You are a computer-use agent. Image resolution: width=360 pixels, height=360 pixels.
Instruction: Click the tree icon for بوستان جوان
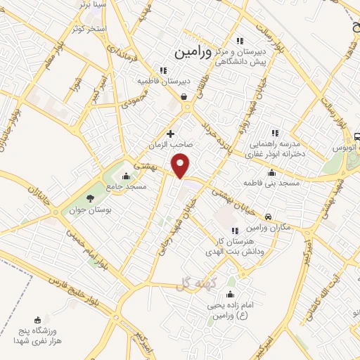[89, 198]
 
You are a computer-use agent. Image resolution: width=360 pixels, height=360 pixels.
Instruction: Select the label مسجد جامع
[127, 186]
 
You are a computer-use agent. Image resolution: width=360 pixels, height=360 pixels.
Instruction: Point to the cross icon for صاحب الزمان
[169, 134]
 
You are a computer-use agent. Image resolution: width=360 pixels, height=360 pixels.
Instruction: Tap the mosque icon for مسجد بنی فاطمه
[272, 173]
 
